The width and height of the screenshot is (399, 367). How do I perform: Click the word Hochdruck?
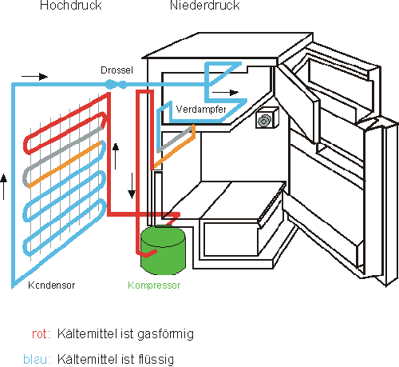tap(71, 6)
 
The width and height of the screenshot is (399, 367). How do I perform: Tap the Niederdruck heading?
tap(205, 6)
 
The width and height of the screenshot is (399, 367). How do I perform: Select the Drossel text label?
tap(117, 70)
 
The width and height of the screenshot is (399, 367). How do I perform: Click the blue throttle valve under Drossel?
tap(116, 84)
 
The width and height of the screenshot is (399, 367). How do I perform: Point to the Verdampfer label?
tap(201, 109)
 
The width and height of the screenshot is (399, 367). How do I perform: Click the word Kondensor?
tap(52, 285)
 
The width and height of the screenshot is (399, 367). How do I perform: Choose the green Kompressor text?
tap(154, 285)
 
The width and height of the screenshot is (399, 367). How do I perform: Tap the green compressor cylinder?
tap(163, 250)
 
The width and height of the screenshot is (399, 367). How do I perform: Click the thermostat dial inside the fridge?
tap(264, 121)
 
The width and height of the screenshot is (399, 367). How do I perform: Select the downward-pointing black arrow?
tap(132, 185)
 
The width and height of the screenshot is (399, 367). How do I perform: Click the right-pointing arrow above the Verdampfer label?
tap(225, 93)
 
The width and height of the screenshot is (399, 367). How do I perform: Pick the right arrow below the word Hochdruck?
tap(35, 77)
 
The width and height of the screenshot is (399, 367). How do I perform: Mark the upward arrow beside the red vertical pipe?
tap(116, 156)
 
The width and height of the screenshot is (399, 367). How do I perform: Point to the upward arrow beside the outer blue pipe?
tap(3, 186)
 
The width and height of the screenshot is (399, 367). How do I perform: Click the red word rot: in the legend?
tap(41, 334)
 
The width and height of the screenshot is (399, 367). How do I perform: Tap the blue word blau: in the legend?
tap(37, 359)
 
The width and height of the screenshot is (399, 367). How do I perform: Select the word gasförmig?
tap(165, 334)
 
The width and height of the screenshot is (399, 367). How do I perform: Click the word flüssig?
tap(156, 360)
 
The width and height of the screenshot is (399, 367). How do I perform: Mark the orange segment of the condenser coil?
tap(65, 164)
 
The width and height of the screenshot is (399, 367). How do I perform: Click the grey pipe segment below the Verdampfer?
tap(174, 140)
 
